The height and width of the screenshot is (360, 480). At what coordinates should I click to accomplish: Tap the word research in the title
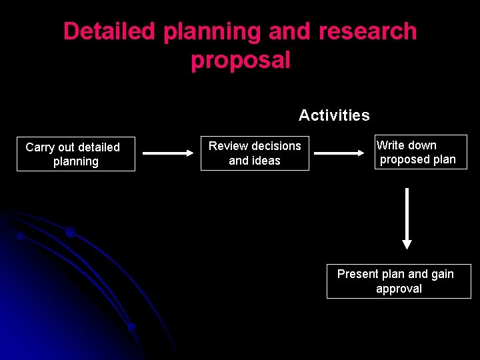(x=367, y=31)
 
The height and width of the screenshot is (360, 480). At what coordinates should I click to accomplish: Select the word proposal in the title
(x=240, y=61)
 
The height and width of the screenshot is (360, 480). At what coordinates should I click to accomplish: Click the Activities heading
(x=334, y=115)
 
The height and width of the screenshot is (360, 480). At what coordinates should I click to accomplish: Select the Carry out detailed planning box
(x=75, y=154)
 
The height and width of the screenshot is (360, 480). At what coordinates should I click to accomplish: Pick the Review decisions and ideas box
(x=255, y=153)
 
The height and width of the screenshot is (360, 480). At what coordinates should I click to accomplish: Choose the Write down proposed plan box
(x=420, y=152)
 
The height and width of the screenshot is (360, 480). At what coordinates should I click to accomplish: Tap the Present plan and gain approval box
(x=398, y=281)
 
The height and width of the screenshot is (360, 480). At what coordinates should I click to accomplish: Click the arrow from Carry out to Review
(x=167, y=153)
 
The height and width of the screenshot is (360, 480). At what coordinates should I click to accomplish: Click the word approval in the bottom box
(x=399, y=289)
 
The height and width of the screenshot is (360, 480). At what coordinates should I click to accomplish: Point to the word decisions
(x=274, y=146)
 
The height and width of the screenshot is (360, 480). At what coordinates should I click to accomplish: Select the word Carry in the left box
(x=39, y=147)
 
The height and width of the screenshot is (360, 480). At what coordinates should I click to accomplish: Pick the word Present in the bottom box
(x=358, y=274)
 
